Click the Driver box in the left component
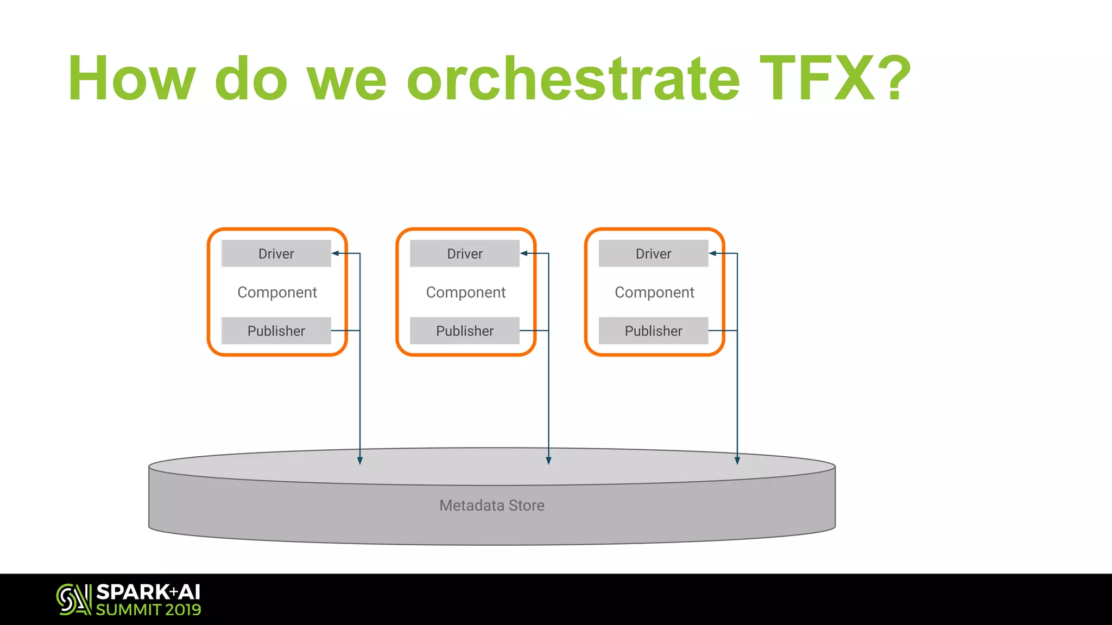[x=276, y=253]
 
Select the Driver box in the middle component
[x=465, y=253]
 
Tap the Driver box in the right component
[x=653, y=253]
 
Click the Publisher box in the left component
[x=276, y=330]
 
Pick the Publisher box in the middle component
[x=465, y=330]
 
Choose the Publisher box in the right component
[x=653, y=330]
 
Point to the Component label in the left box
[x=277, y=292]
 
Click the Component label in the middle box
[x=466, y=292]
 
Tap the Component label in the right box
[x=654, y=292]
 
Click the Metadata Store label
[x=492, y=506]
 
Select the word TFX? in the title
[x=835, y=79]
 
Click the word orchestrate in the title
[x=573, y=79]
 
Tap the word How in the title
[x=131, y=79]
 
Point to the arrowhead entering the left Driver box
[x=336, y=253]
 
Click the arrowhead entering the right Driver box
[x=713, y=253]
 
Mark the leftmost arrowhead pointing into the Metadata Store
[x=360, y=461]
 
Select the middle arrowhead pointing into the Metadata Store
[x=548, y=461]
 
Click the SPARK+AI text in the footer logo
[x=148, y=592]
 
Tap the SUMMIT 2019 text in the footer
[x=148, y=610]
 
